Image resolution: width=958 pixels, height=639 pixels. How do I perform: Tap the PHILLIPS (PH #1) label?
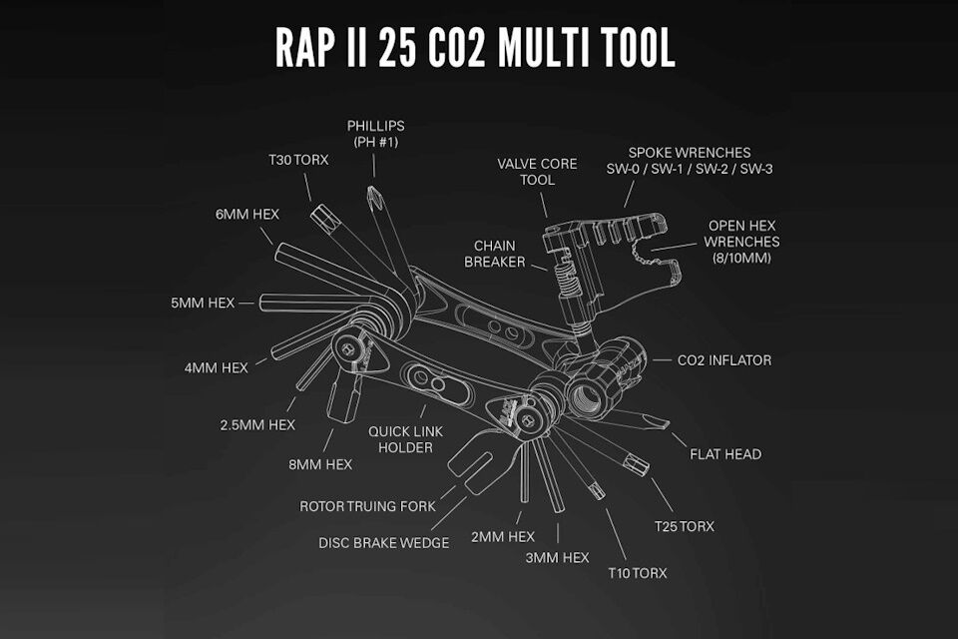click(x=376, y=134)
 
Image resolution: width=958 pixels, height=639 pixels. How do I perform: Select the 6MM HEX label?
click(x=247, y=215)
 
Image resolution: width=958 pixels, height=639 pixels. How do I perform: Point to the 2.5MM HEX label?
click(x=257, y=424)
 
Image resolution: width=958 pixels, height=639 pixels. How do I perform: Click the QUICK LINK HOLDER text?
click(x=406, y=439)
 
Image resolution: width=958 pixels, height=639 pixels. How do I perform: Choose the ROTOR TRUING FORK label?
click(x=368, y=506)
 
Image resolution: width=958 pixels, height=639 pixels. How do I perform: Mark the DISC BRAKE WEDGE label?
click(x=384, y=542)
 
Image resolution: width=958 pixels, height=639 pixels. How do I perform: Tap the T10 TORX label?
click(x=636, y=573)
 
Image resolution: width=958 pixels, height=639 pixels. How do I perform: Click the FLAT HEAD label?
click(x=725, y=454)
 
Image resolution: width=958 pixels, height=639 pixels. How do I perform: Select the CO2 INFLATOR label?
click(x=723, y=360)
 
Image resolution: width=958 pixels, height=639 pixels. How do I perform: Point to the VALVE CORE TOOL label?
click(x=536, y=172)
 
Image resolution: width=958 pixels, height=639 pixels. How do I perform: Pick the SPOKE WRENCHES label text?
click(x=690, y=161)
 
